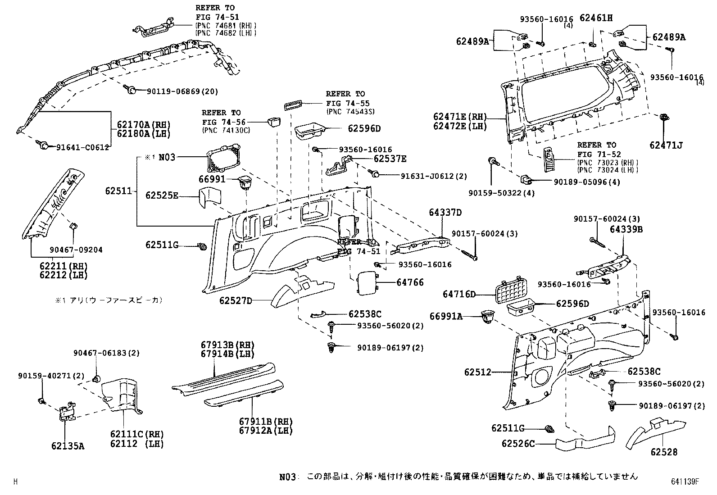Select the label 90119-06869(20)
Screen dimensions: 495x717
(x=182, y=91)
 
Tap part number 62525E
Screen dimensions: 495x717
(x=162, y=195)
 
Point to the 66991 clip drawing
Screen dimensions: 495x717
(x=245, y=182)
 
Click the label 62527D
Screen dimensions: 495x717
(x=236, y=300)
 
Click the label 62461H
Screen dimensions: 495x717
(x=596, y=18)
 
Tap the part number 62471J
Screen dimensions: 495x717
(x=666, y=145)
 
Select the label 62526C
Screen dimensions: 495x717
(x=518, y=444)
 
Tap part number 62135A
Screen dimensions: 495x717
(x=68, y=446)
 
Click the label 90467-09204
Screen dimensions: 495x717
(x=76, y=250)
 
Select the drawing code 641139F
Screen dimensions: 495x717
(x=684, y=481)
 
